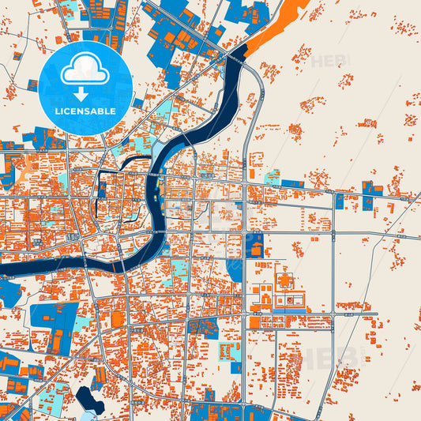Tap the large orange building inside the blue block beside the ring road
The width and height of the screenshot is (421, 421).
pos(256,250)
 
